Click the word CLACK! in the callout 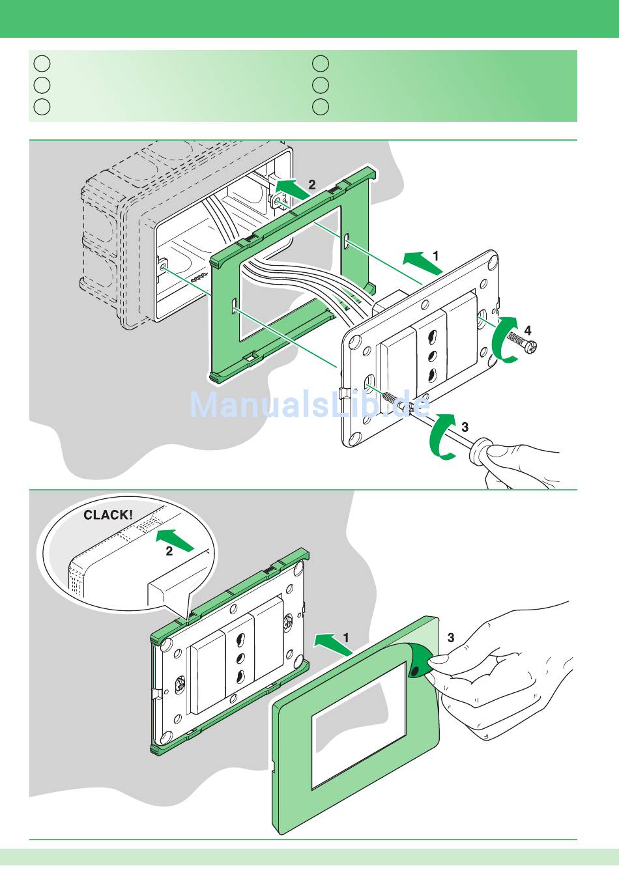click(108, 515)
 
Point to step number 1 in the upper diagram click(436, 256)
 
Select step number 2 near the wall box click(312, 184)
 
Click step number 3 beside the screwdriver click(465, 427)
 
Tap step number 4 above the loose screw click(528, 330)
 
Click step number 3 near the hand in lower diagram click(450, 637)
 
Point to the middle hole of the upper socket click(431, 356)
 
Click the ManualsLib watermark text click(309, 405)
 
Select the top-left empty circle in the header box click(42, 63)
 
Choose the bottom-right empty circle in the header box click(320, 107)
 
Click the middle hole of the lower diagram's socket click(239, 657)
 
